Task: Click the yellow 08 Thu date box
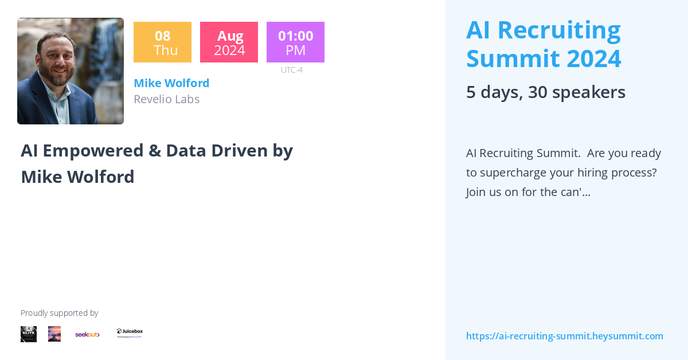click(x=162, y=42)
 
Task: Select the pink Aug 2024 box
click(x=229, y=42)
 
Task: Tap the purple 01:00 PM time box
click(x=295, y=42)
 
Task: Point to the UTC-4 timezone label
click(x=291, y=70)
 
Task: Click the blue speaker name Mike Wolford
click(x=171, y=83)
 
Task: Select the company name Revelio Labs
click(x=166, y=99)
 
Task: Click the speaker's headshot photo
click(x=71, y=71)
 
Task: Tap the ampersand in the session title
click(x=154, y=150)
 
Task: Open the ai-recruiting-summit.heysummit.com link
click(x=564, y=336)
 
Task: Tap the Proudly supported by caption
click(x=59, y=313)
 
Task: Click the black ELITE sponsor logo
click(x=29, y=334)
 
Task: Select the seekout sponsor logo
click(x=87, y=334)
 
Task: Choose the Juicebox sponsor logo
click(x=130, y=333)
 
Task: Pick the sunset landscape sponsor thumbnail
click(x=54, y=334)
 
